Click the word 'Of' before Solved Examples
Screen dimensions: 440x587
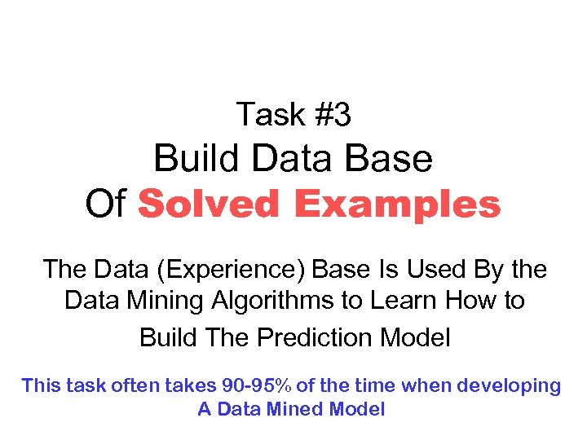click(x=106, y=205)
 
